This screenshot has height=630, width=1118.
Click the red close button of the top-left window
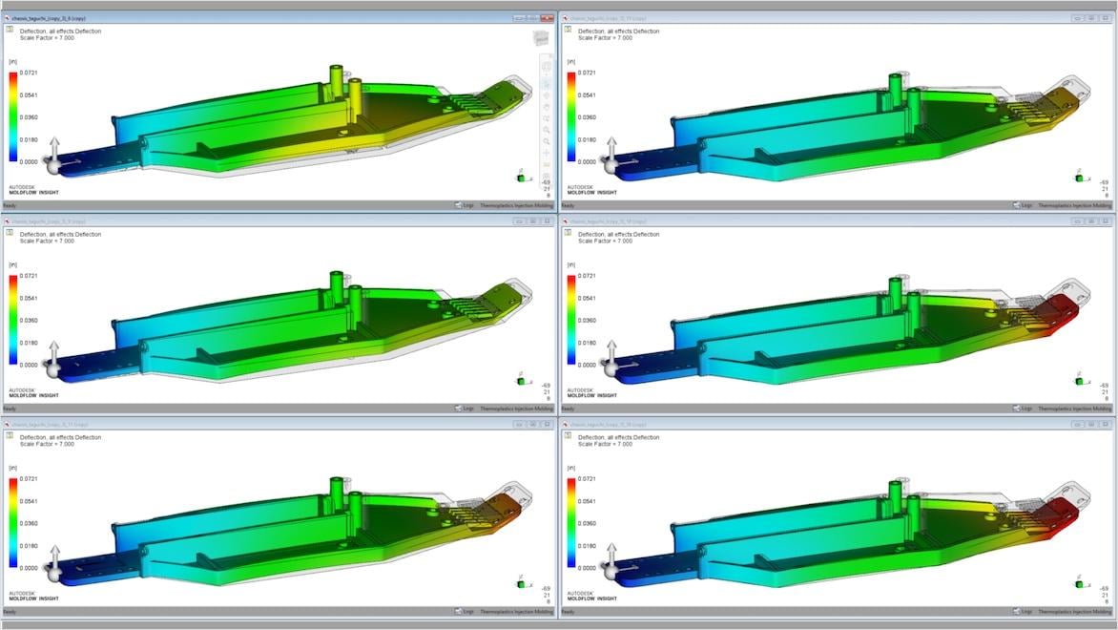(547, 18)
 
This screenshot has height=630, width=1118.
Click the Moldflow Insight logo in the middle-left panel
(34, 392)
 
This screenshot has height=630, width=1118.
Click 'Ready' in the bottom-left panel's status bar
(9, 611)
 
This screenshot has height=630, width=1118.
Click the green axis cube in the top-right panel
(1080, 178)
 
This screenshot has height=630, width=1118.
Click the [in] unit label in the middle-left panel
(13, 264)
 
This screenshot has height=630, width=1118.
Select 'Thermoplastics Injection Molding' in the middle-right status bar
(1074, 409)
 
